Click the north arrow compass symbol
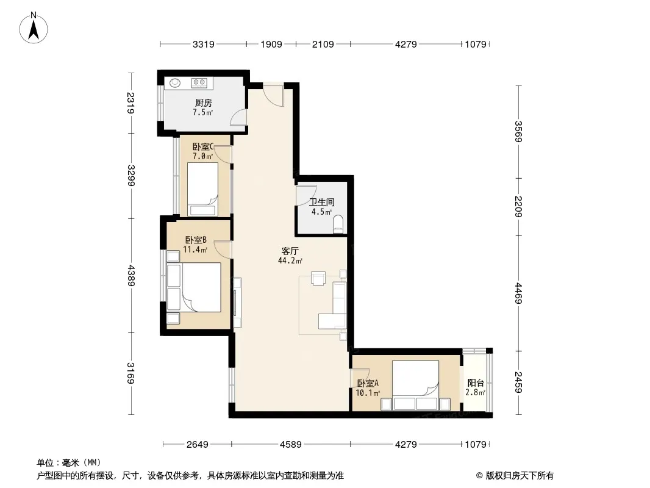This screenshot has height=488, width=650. [34, 28]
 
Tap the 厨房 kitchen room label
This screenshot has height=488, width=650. [203, 102]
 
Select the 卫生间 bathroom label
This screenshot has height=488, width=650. [322, 203]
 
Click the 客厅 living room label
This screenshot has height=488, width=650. [290, 251]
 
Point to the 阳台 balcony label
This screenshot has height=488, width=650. [476, 382]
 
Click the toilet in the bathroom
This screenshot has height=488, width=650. [338, 224]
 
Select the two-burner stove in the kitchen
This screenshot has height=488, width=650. [199, 83]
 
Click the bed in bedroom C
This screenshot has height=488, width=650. [202, 189]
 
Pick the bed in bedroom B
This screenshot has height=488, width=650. [193, 287]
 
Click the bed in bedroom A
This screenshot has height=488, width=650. [415, 385]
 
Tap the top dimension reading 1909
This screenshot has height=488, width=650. [271, 44]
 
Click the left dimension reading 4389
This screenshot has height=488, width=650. [131, 275]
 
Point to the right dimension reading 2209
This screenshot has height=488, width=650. [518, 206]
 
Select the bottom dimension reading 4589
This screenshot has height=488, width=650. [291, 445]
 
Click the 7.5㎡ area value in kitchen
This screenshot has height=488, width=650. [202, 112]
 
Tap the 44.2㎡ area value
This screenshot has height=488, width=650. [290, 261]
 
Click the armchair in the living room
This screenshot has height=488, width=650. [318, 278]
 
